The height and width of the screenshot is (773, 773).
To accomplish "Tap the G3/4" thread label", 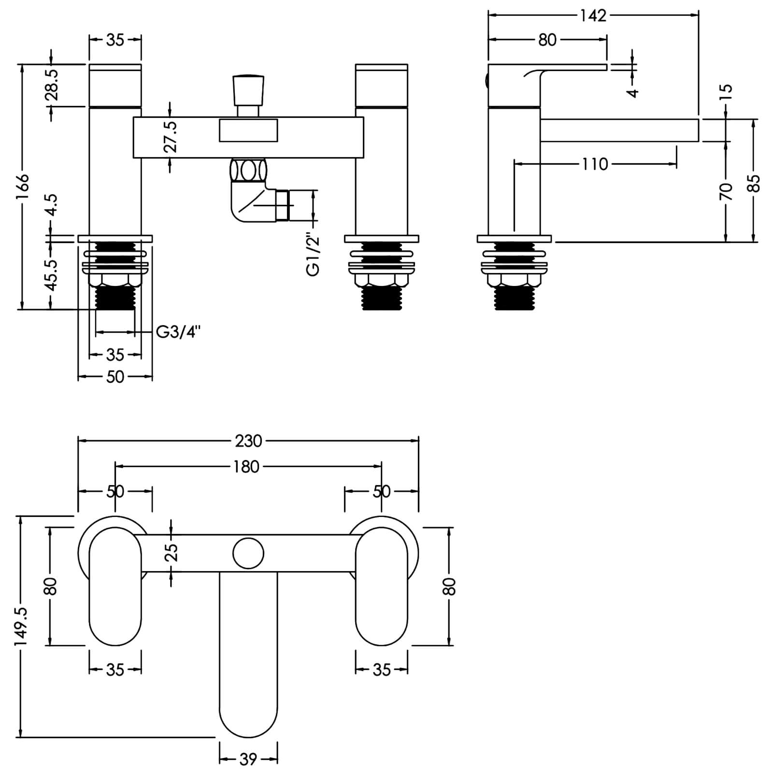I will pyautogui.click(x=178, y=332).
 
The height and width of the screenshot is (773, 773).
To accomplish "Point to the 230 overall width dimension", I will pyautogui.click(x=248, y=441).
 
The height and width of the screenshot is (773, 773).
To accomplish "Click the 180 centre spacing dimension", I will pyautogui.click(x=247, y=467).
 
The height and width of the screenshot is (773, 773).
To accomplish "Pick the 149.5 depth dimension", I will pyautogui.click(x=21, y=627).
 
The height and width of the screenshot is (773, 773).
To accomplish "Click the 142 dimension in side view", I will pyautogui.click(x=593, y=15).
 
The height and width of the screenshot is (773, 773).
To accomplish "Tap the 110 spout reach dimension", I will pyautogui.click(x=595, y=164).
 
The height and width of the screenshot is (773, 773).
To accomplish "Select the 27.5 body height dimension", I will pyautogui.click(x=171, y=137).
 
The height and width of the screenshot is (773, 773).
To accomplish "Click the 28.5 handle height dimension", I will pyautogui.click(x=52, y=84).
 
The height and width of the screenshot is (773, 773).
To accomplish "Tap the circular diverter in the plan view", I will pyautogui.click(x=248, y=554).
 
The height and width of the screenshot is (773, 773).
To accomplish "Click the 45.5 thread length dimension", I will pyautogui.click(x=52, y=274).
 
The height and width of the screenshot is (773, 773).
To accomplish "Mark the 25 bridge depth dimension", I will pyautogui.click(x=172, y=553).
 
